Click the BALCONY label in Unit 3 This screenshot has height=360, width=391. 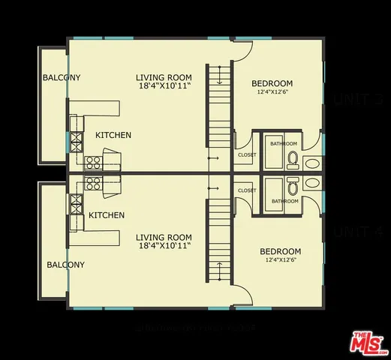point(62,78)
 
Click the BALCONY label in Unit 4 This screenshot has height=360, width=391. point(66,265)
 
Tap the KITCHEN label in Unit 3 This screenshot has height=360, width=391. point(113,135)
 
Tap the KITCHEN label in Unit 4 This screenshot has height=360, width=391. point(107,215)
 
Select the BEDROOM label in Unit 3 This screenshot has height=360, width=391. point(272,83)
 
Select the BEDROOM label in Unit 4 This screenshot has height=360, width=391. point(280,251)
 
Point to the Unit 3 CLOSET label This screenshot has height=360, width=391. point(247,155)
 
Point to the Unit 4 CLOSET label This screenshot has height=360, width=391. point(247,190)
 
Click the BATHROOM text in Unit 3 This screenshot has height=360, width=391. point(284,143)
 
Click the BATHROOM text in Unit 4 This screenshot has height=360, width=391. point(284,201)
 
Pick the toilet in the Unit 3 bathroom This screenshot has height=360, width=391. point(293,160)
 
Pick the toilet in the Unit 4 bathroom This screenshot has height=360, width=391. point(293,184)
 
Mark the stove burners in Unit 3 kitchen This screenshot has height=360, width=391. point(93,160)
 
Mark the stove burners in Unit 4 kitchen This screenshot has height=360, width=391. point(93,182)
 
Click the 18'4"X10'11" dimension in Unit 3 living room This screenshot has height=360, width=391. point(164,86)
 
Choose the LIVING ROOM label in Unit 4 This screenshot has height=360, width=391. point(164,237)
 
